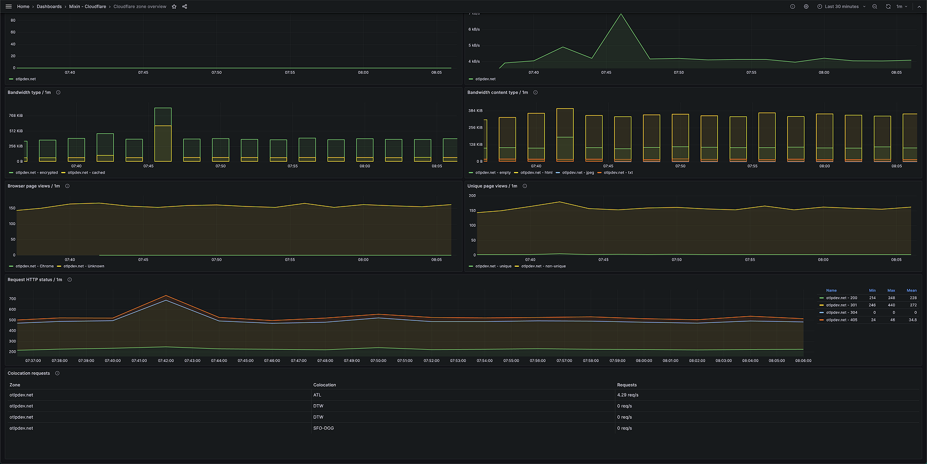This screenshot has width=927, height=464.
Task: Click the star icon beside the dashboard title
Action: pos(174,7)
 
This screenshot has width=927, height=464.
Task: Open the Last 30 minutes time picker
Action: pos(842,7)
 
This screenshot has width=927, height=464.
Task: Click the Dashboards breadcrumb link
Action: pos(49,7)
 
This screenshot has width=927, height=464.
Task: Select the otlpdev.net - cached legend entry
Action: pos(86,173)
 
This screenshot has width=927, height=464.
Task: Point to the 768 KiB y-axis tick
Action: pos(15,115)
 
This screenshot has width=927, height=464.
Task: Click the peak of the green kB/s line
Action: pos(621,14)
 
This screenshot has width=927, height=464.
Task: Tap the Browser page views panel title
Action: pos(33,186)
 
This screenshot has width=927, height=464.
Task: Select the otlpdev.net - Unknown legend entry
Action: pos(83,266)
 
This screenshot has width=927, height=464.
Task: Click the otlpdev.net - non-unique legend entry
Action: pos(543,266)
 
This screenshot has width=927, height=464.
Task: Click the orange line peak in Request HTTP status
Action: pos(166,296)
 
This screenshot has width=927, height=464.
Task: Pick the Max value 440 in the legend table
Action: pos(891,305)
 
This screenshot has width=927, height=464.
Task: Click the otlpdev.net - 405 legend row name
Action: pos(842,320)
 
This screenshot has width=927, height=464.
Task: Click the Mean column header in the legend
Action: pos(911,290)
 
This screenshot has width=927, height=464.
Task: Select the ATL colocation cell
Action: pos(317,395)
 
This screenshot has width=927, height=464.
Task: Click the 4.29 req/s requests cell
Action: pos(627,395)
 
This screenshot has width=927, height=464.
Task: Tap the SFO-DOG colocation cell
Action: pos(323,428)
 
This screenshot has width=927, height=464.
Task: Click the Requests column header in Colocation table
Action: pos(627,385)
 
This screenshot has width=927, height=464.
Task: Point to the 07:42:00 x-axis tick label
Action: pos(166,360)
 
